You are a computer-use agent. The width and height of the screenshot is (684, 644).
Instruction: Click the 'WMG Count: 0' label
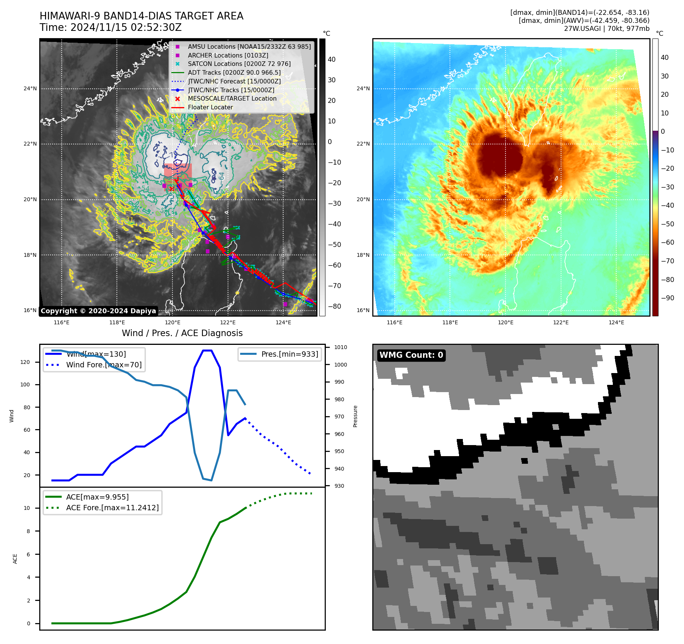tap(411, 355)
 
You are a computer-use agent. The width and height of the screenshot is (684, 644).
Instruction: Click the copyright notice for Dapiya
tap(98, 311)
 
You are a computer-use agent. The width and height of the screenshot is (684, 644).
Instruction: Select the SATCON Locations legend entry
tap(239, 64)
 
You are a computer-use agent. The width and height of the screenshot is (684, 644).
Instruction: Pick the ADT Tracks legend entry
tap(234, 72)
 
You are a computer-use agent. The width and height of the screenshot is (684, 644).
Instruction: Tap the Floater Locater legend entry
tap(210, 107)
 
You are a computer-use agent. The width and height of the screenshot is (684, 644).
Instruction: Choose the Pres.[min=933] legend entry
tap(289, 354)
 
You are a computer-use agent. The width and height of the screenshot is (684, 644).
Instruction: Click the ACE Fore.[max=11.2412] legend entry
tap(112, 508)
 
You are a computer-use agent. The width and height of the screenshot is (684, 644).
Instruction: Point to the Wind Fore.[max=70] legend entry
tap(104, 365)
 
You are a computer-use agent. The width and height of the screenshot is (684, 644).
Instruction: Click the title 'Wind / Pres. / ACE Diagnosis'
tap(182, 333)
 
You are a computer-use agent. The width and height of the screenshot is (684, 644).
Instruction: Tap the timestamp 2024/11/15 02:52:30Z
tap(126, 28)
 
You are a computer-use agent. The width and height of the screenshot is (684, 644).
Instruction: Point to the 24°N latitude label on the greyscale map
tap(30, 89)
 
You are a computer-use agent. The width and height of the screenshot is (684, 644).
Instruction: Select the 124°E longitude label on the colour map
tap(616, 322)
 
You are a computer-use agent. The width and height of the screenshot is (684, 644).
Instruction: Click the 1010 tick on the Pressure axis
tap(341, 347)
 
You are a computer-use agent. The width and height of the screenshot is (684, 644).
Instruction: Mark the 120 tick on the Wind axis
tap(25, 362)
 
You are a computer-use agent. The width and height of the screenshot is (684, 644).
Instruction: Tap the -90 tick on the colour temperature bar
tap(667, 298)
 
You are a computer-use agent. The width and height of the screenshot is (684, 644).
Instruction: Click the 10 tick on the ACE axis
tap(27, 508)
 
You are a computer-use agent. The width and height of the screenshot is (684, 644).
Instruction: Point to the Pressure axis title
tap(355, 416)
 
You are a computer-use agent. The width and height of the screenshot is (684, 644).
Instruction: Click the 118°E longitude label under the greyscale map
tap(117, 322)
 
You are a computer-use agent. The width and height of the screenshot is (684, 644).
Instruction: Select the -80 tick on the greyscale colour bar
tap(335, 306)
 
